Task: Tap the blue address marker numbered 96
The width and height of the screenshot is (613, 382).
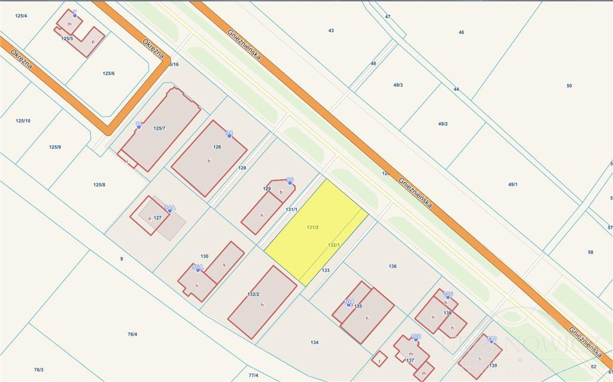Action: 290,180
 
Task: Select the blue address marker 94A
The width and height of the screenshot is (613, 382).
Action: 170,210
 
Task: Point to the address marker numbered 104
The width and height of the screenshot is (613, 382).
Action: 348,304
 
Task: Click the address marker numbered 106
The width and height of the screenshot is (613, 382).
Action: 448,296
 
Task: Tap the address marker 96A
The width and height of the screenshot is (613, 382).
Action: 198,269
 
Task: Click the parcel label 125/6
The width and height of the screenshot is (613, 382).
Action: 108,74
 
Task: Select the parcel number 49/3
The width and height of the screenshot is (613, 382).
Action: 398,85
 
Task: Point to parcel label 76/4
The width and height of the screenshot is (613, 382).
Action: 132,334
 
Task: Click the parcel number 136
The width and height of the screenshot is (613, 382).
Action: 393,266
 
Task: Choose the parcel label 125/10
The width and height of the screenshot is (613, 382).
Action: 23,121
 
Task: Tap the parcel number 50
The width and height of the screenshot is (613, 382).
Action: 569,85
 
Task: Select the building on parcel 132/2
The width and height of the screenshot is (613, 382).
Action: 262,302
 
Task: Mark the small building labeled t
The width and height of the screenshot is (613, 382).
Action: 379,359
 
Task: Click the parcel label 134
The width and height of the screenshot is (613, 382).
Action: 315,343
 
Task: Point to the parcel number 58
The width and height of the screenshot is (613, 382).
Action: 591,252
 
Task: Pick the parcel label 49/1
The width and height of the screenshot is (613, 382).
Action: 513,185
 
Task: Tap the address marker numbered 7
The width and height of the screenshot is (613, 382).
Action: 75,13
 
